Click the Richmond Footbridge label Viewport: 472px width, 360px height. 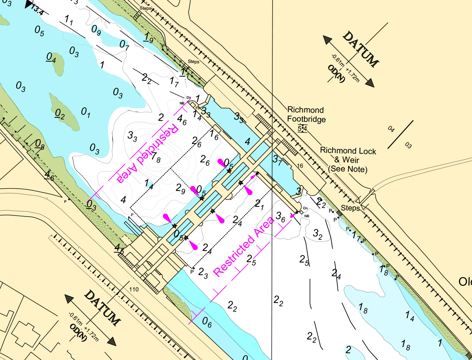click(x=306, y=114)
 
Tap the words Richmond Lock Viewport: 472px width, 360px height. click(x=348, y=151)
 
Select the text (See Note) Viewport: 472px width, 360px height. click(x=347, y=169)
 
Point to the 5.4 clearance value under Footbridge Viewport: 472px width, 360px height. click(x=302, y=128)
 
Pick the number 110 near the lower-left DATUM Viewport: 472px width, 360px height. click(x=134, y=289)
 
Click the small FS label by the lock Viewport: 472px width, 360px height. click(x=198, y=108)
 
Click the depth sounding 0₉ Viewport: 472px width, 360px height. click(x=96, y=30)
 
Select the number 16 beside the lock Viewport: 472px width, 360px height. click(x=300, y=166)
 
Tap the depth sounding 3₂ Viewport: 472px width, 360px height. click(x=317, y=234)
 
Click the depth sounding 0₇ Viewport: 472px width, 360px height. click(x=124, y=45)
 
